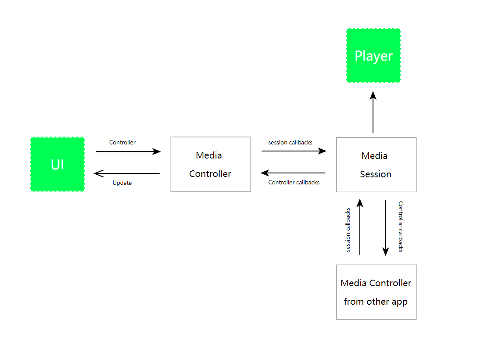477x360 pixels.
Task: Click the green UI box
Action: point(57,164)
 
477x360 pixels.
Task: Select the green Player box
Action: point(373,56)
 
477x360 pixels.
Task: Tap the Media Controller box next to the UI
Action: point(210,164)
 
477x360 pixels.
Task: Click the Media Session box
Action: point(376,165)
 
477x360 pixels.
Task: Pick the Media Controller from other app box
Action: point(376,292)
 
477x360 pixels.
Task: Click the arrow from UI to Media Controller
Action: point(128,151)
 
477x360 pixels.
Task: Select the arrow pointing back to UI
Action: point(127,173)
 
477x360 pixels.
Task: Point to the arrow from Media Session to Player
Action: point(373,112)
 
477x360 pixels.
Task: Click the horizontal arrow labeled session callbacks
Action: point(294,151)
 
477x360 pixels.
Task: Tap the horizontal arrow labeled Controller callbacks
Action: point(294,173)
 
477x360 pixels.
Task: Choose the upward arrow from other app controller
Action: point(360,227)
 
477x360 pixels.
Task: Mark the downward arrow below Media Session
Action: point(386,227)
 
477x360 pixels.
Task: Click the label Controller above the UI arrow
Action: point(122,142)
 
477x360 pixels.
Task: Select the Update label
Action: point(122,183)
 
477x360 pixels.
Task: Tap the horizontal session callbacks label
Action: point(291,142)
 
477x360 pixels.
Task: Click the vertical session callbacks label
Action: point(348,230)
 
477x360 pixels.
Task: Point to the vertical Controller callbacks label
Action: point(400,227)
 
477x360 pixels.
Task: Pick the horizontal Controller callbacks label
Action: point(294,182)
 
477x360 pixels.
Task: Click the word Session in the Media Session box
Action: point(376,174)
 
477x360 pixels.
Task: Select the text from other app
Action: point(376,302)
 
